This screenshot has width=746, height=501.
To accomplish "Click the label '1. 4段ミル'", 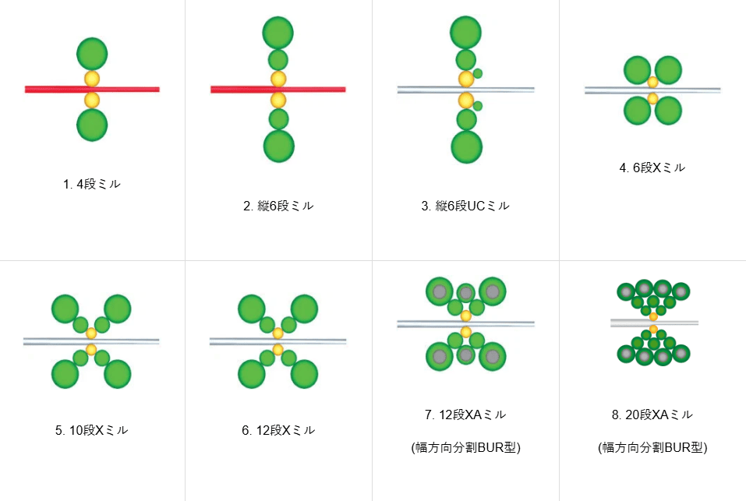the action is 92,184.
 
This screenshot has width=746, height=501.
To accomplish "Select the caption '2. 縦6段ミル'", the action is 278,206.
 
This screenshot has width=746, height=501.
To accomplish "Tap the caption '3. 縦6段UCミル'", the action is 465,206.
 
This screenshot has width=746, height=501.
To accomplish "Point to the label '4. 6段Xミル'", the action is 652,168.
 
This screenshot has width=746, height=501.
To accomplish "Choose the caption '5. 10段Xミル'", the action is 92,430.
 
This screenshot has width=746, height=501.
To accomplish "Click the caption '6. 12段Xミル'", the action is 278,430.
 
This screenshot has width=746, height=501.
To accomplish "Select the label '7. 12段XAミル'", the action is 465,415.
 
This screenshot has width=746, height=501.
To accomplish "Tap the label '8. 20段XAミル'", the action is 652,415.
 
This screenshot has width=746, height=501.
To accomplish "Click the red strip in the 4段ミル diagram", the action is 92,90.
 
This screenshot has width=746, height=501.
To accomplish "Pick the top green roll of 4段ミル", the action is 92,53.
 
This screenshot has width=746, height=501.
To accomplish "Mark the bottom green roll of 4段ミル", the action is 92,125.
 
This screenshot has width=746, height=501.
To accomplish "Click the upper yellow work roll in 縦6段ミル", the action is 278,79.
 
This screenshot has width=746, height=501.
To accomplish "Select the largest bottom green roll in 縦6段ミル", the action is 279,146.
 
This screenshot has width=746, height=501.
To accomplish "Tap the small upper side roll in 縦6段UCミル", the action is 478,73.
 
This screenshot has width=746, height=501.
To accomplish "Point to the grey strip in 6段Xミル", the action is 652,90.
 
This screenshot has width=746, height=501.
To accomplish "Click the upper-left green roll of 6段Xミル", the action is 637,70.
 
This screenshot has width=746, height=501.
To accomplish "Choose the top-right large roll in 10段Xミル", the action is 118,309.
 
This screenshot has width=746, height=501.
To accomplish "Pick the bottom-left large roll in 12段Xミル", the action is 252,374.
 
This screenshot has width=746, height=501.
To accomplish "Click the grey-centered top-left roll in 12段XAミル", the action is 439,291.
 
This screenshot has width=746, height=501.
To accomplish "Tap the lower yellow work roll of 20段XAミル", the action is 653,329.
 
